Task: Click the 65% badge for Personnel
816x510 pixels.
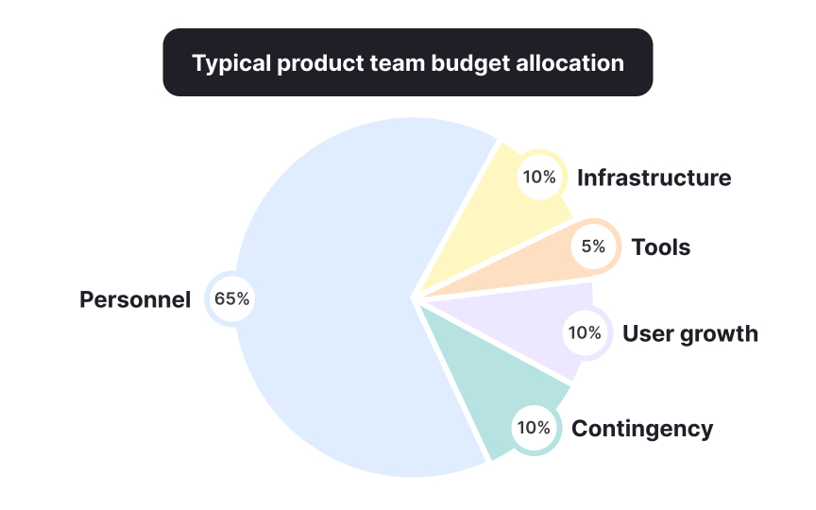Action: (231, 299)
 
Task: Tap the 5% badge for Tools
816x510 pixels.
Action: (593, 246)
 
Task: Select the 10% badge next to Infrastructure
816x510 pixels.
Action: (538, 177)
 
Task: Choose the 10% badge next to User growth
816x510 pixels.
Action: (584, 332)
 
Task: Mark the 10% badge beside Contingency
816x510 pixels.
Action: (534, 428)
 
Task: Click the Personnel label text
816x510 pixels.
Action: (135, 300)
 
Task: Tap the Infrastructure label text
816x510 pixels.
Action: (654, 178)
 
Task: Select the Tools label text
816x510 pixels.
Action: (661, 247)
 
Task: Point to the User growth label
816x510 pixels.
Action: (689, 333)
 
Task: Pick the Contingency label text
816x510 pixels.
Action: (642, 429)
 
